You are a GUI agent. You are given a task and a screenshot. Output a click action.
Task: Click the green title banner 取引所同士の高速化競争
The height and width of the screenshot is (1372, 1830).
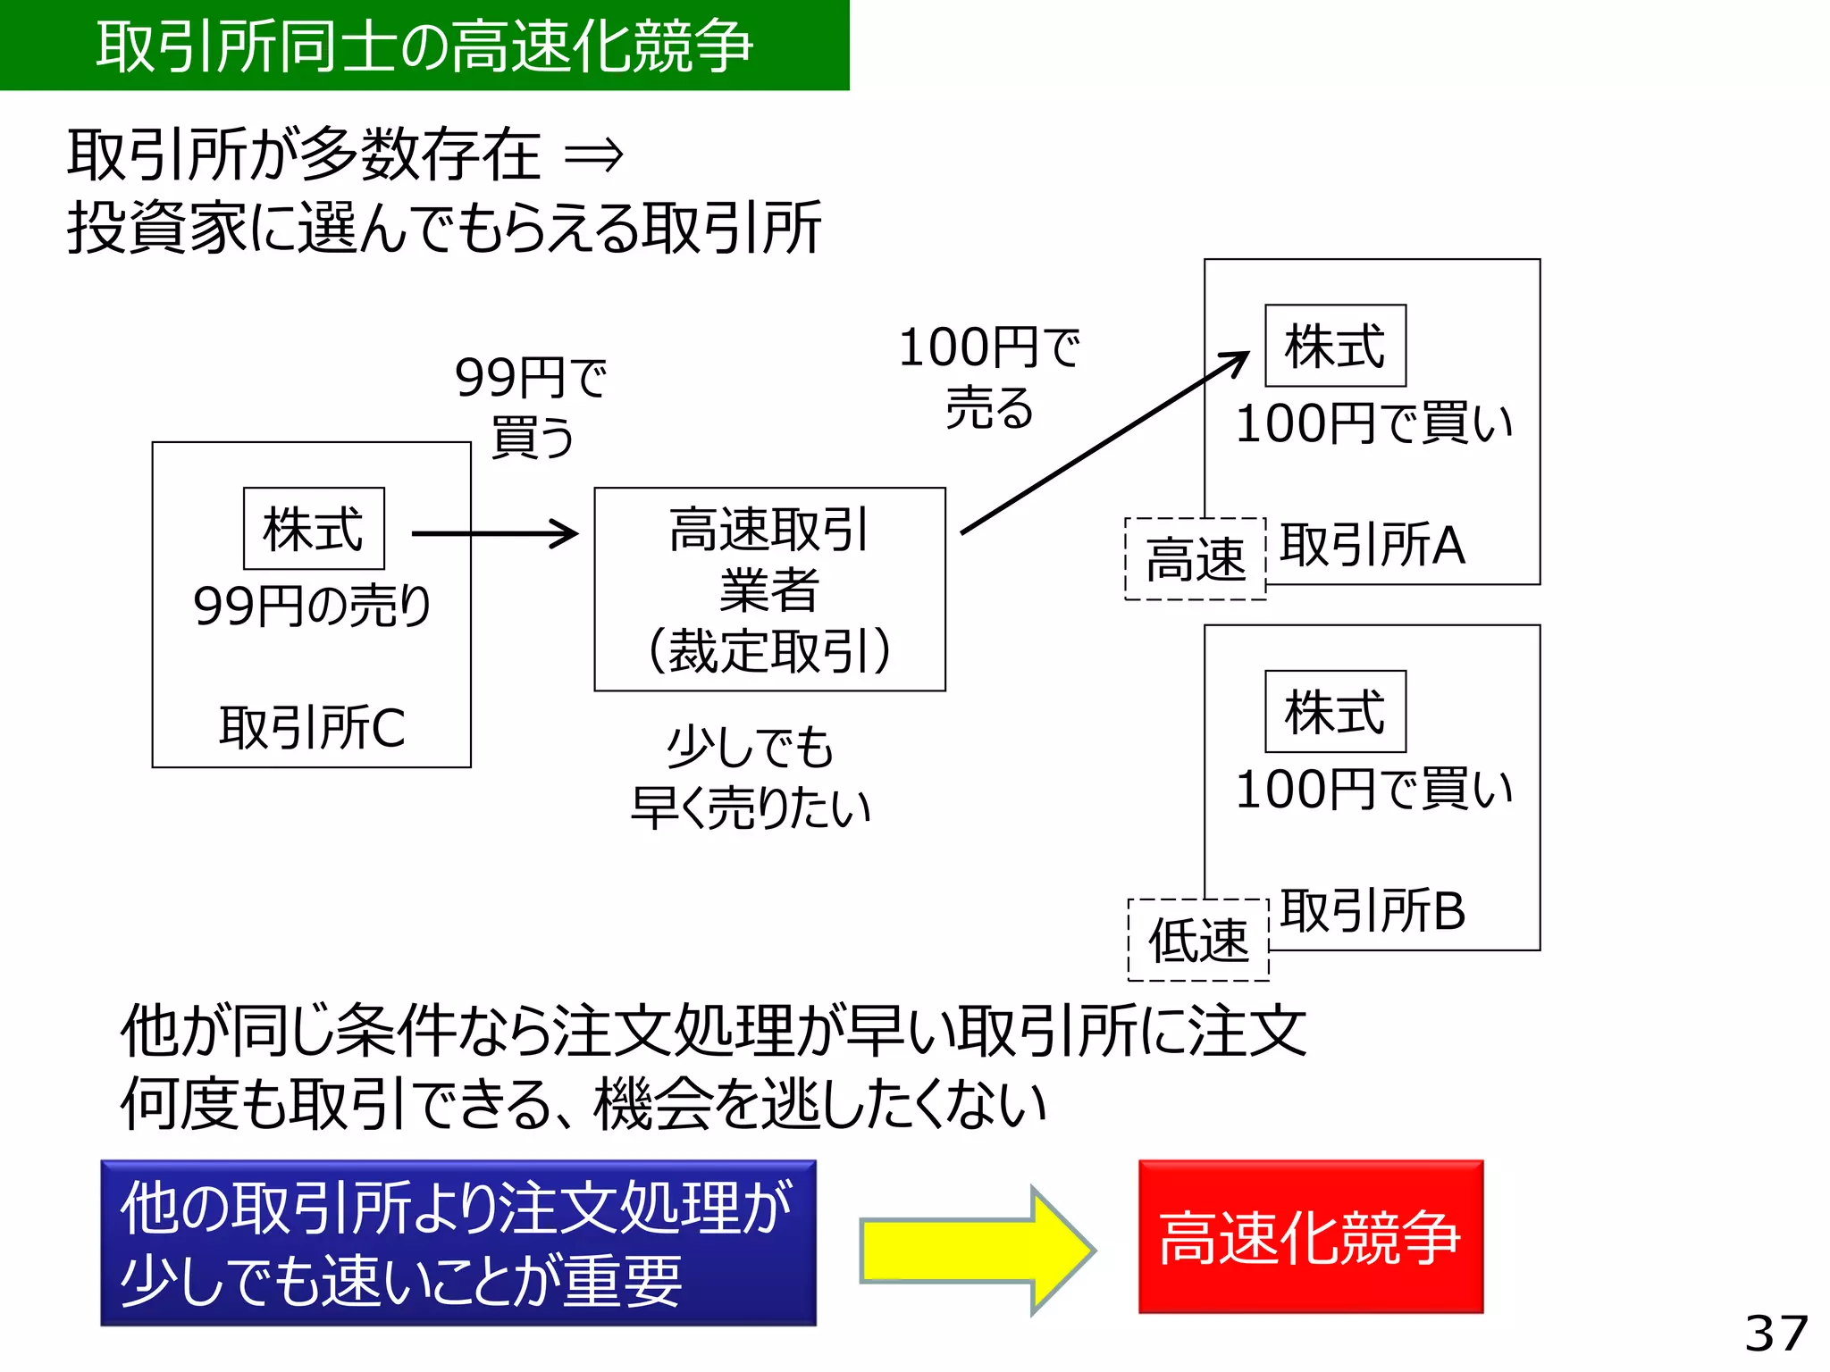point(424,45)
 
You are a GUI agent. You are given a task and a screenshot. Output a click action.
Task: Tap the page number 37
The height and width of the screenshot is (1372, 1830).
point(1775,1334)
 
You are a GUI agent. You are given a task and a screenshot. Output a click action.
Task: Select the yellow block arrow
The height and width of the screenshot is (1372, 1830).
point(977,1251)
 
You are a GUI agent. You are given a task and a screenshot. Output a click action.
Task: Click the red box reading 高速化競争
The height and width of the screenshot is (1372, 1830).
point(1310,1237)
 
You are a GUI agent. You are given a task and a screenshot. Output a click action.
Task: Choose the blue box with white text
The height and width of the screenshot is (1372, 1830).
point(458,1242)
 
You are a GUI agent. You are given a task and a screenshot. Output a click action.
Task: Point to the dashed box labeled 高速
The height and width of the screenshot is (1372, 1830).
point(1196,559)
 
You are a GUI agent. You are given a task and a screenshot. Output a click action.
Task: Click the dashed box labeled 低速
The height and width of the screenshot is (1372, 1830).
point(1198,941)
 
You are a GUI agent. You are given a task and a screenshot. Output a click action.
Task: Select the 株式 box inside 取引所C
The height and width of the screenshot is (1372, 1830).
point(314,529)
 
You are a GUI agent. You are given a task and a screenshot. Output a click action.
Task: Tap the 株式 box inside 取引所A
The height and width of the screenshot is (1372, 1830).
point(1335,346)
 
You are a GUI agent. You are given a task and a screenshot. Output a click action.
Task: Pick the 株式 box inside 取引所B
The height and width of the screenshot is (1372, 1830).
point(1335,712)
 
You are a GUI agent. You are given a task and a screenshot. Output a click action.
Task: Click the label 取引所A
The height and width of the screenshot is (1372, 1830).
point(1372,545)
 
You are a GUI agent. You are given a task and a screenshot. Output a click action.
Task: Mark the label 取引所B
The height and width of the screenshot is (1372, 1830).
point(1372,911)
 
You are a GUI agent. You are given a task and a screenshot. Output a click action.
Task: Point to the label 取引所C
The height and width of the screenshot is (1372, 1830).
point(312,727)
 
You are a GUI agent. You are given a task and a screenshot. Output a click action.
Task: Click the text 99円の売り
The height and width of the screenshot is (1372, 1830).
point(312,606)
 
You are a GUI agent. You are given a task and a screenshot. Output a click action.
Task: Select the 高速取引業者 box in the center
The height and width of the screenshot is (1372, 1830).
point(769,589)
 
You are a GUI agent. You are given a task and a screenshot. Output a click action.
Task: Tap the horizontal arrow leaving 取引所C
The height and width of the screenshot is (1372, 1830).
point(494,534)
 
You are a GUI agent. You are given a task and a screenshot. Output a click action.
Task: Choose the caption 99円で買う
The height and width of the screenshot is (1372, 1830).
point(531,406)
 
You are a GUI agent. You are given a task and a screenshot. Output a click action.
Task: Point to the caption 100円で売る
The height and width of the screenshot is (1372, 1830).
point(989,377)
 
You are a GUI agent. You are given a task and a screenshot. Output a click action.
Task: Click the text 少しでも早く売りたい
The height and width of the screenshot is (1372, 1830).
point(751,777)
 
